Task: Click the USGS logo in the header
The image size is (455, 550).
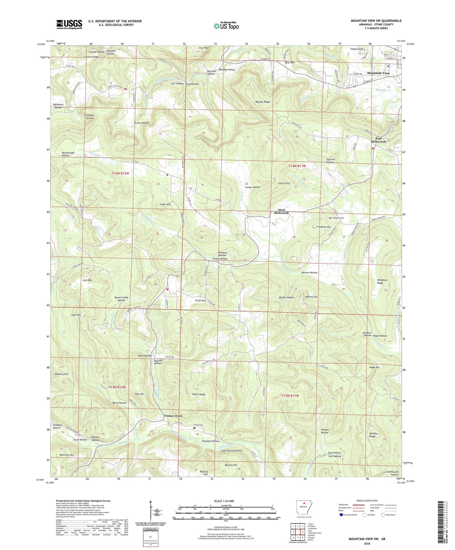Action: [x=69, y=24]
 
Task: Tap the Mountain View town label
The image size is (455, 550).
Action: [x=378, y=73]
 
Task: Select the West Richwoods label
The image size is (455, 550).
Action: [x=281, y=211]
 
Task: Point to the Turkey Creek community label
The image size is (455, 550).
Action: [x=173, y=416]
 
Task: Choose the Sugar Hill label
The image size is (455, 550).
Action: [x=165, y=204]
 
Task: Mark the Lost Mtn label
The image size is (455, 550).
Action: [x=87, y=280]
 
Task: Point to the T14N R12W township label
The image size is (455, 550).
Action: [x=121, y=173]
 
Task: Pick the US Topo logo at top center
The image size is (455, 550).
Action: [x=226, y=26]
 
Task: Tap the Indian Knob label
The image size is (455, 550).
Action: [x=356, y=49]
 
